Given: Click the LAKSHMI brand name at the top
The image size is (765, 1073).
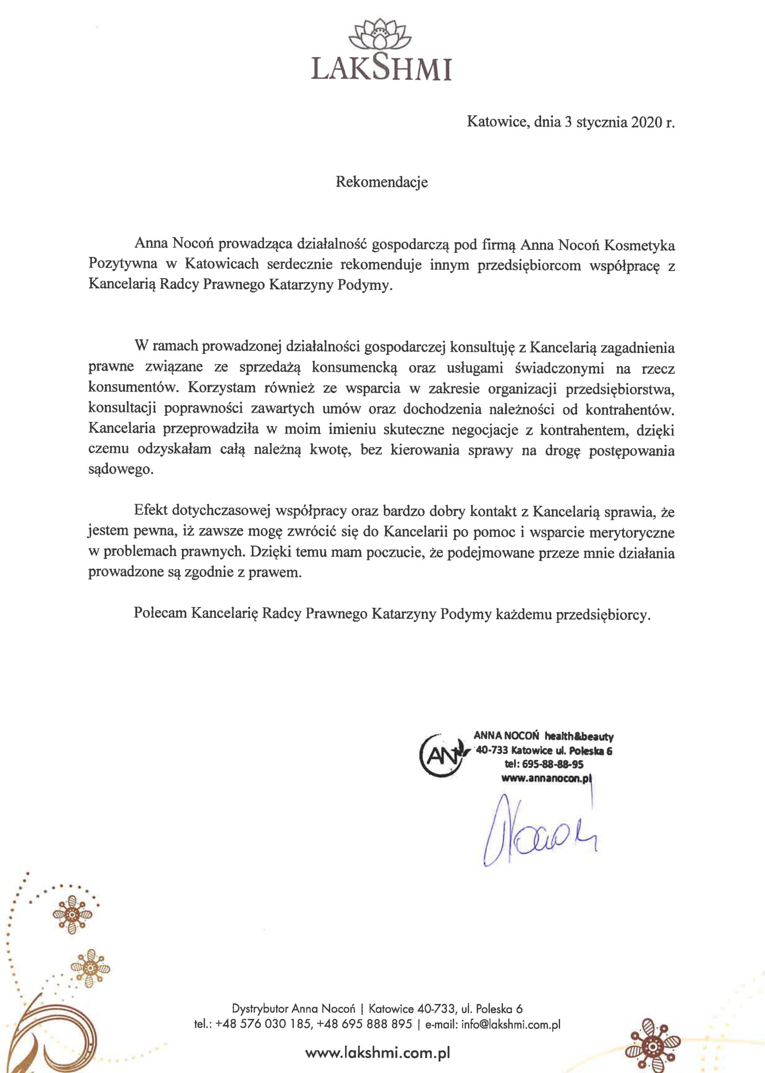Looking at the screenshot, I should coord(381,69).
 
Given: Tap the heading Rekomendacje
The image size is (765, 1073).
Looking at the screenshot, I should coord(381,182).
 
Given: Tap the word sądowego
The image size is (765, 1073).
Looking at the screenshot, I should coord(121,470).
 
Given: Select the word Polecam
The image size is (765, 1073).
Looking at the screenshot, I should coord(160,613).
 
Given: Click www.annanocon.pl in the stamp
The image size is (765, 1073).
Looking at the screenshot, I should coord(546,779).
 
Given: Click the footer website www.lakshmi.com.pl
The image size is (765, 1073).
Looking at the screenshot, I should coord(378,1053).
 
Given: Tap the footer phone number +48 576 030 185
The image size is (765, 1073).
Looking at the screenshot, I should coord(263,1025).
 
